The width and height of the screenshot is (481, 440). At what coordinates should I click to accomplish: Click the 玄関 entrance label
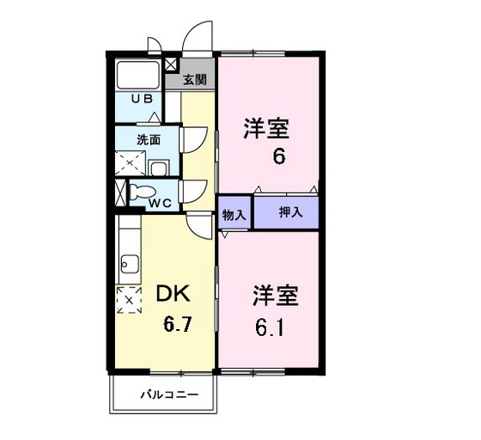[x=195, y=80]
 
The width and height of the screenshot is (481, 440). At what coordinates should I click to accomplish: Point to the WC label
[x=160, y=203]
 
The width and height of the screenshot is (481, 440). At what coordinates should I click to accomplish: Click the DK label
[x=172, y=295]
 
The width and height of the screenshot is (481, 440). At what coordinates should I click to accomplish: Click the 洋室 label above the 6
[x=267, y=130]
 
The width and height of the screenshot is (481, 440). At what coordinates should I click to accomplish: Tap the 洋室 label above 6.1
[x=275, y=297]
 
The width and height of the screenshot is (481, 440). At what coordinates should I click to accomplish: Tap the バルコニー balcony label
[x=170, y=395]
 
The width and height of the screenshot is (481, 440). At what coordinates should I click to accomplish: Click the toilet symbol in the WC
[x=143, y=192]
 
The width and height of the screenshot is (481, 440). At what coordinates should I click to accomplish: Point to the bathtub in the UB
[x=138, y=75]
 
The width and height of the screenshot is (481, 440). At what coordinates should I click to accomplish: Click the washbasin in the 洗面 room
[x=160, y=167]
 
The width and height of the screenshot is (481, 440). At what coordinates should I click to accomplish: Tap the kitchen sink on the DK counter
[x=129, y=262]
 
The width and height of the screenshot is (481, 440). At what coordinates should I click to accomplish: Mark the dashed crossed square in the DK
[x=128, y=300]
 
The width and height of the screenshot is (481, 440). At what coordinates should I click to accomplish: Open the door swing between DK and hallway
[x=201, y=226]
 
